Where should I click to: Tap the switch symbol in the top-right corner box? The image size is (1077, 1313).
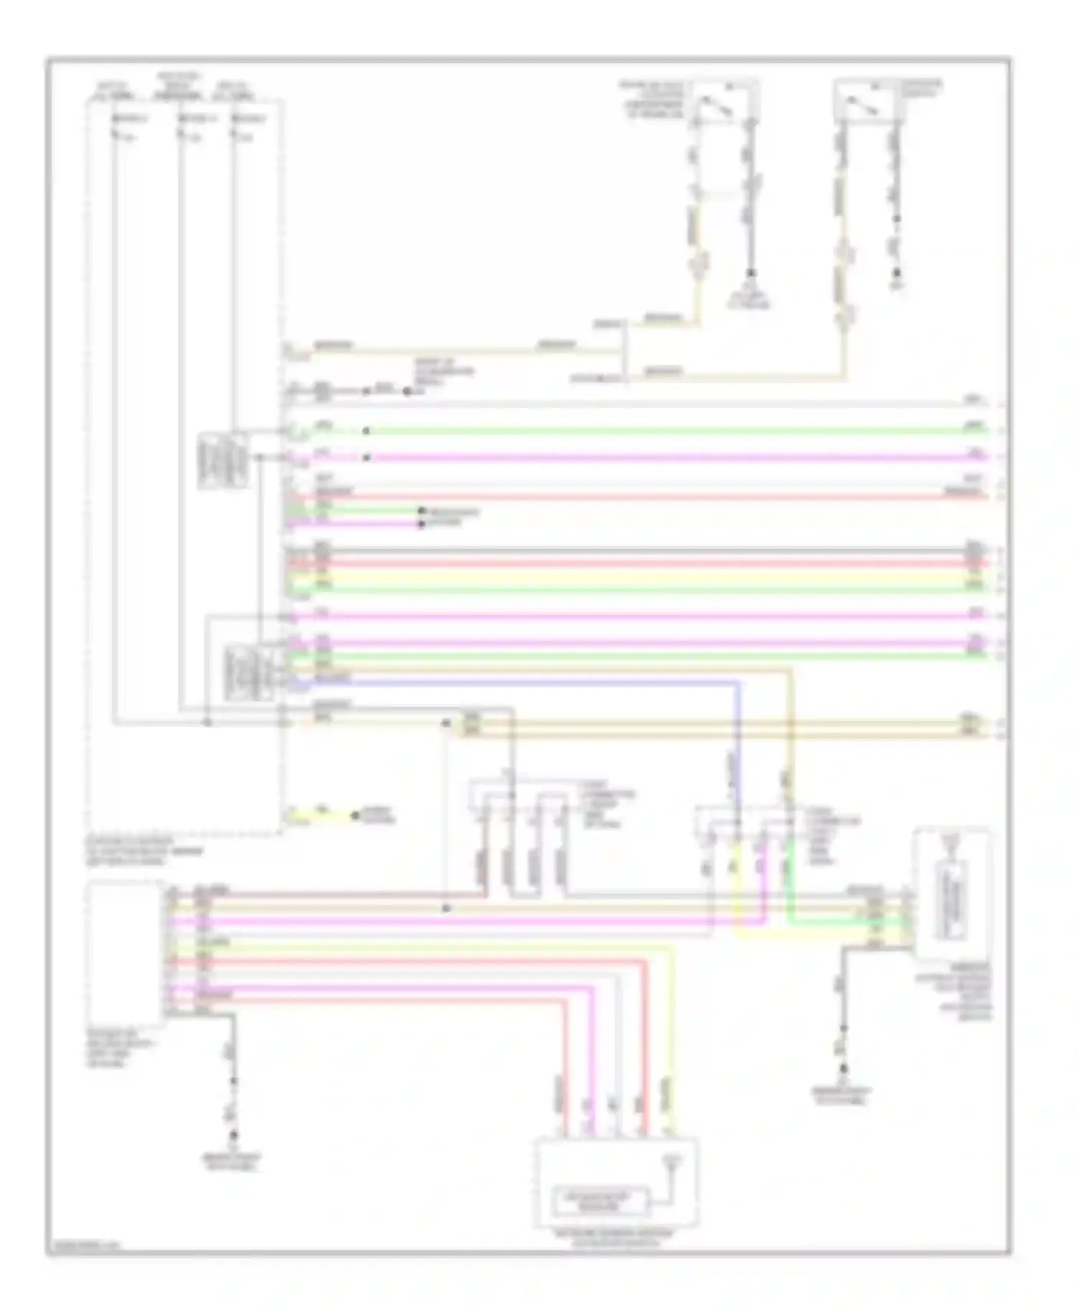(861, 101)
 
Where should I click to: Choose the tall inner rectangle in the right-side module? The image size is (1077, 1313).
(951, 902)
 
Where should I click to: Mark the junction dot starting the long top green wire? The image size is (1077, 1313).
(366, 431)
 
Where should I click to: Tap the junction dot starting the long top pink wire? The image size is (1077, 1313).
(366, 458)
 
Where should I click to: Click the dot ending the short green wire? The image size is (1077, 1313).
(421, 511)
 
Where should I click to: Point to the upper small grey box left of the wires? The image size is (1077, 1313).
(223, 460)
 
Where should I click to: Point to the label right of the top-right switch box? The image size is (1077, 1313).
(922, 89)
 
